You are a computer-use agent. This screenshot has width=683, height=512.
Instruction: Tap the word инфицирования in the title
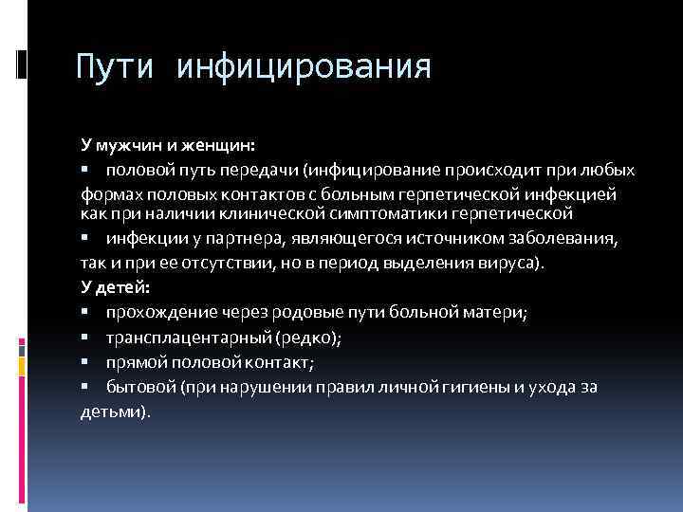pyautogui.click(x=304, y=67)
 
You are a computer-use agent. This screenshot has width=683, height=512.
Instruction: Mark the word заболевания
pyautogui.click(x=565, y=237)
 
